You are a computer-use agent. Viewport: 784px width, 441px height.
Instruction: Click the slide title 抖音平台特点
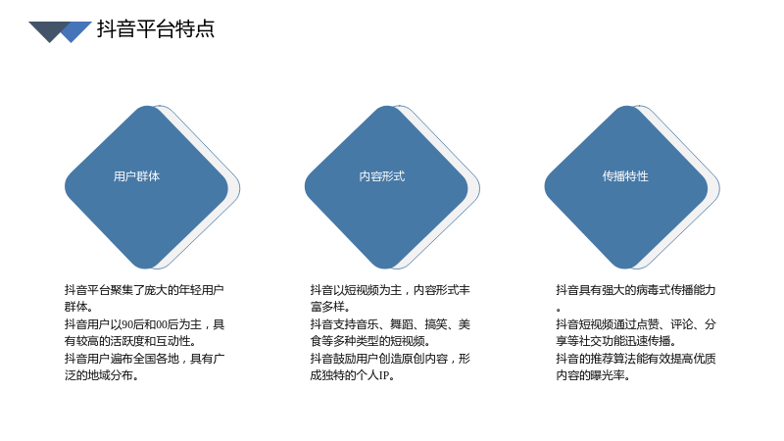156,29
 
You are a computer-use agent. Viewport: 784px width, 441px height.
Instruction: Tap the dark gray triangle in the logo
48,30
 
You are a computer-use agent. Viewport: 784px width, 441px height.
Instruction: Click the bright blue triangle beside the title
75,31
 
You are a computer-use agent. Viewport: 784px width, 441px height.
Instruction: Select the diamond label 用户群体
136,176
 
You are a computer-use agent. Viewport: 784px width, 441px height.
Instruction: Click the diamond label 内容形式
382,176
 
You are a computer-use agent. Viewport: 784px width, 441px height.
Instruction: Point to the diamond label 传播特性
625,176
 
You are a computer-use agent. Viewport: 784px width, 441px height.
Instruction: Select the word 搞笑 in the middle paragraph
436,324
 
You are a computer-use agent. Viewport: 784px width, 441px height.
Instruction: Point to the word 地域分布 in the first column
110,375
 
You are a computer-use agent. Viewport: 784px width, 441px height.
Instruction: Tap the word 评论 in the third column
682,324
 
